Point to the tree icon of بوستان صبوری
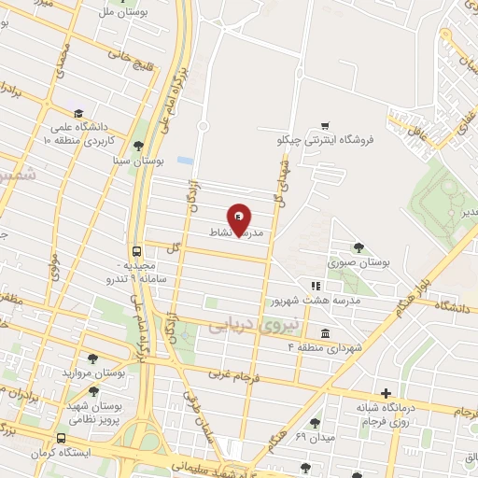click(x=358, y=247)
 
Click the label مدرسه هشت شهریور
click(x=301, y=301)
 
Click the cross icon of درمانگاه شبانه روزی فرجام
click(x=386, y=393)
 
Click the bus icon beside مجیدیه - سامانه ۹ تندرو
click(x=137, y=251)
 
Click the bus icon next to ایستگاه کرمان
click(x=62, y=438)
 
